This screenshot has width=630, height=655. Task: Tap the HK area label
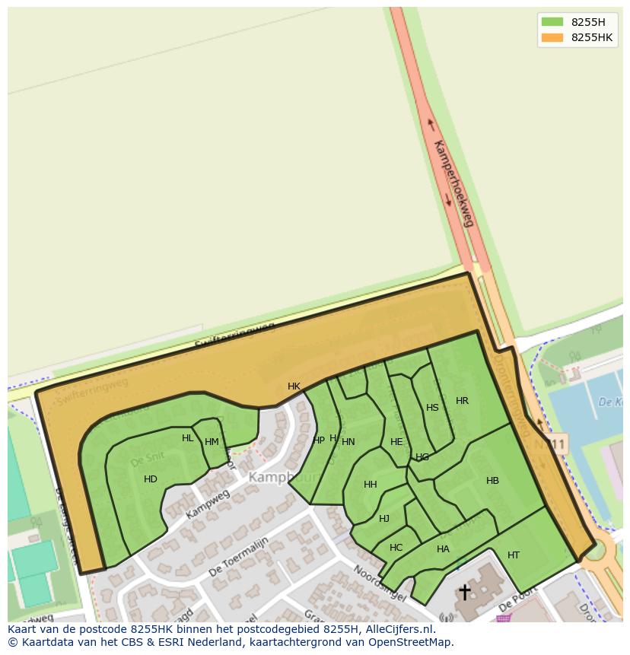click(x=294, y=386)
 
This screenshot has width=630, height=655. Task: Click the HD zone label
click(x=150, y=479)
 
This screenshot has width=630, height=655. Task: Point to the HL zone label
click(x=187, y=438)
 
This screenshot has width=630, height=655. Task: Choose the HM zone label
click(x=212, y=442)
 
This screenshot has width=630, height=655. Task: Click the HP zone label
click(x=319, y=440)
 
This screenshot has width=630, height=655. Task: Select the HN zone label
click(x=348, y=442)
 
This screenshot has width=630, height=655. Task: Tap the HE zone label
click(x=396, y=442)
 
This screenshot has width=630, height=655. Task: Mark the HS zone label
click(x=432, y=408)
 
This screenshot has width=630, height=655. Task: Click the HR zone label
click(x=462, y=401)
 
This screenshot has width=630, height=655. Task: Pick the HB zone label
click(x=492, y=481)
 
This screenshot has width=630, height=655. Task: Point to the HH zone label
click(x=370, y=485)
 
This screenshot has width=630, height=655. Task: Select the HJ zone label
click(x=384, y=519)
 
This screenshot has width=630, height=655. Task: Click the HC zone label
click(x=396, y=548)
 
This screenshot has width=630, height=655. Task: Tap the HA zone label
click(x=443, y=549)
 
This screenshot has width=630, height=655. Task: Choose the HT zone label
click(x=513, y=555)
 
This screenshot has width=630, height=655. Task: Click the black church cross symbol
click(x=464, y=592)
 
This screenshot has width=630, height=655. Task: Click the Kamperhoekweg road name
click(x=453, y=183)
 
